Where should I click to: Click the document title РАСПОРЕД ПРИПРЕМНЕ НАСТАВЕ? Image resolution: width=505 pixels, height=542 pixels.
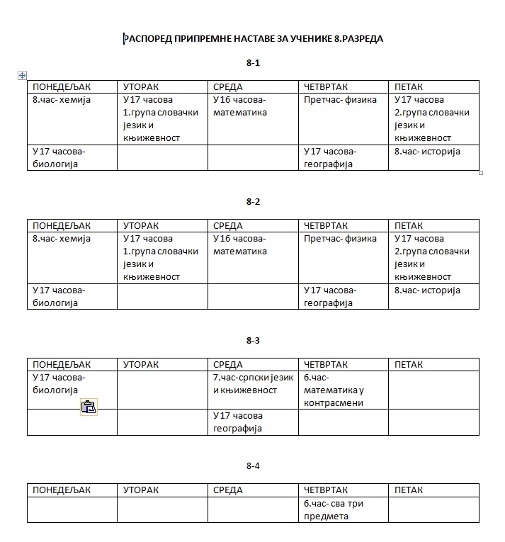253,39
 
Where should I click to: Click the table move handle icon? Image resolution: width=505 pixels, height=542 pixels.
22,75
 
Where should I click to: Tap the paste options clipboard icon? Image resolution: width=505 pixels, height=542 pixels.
88,407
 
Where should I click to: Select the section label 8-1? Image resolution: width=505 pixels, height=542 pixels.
253,63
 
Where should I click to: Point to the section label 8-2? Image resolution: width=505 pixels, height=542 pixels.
253,202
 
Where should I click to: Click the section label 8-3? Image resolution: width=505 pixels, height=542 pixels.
253,341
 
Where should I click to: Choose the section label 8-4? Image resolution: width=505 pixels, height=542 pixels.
253,466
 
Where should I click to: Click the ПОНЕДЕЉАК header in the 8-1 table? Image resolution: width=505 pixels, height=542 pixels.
62,87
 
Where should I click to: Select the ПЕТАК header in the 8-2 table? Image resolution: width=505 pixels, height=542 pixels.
409,226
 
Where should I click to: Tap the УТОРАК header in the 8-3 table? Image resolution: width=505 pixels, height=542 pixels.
141,365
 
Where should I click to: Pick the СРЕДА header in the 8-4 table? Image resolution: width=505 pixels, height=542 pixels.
228,490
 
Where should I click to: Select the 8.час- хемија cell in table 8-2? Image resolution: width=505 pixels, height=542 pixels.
62,239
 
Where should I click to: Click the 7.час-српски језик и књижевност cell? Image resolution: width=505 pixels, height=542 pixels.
253,384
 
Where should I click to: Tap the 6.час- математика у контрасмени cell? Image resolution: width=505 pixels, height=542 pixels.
334,390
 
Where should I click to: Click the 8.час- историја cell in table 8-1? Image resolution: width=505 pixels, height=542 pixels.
428,151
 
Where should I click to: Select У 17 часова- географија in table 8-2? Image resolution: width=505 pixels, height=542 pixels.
331,296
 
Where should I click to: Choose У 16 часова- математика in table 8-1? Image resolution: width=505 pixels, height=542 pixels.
240,106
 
